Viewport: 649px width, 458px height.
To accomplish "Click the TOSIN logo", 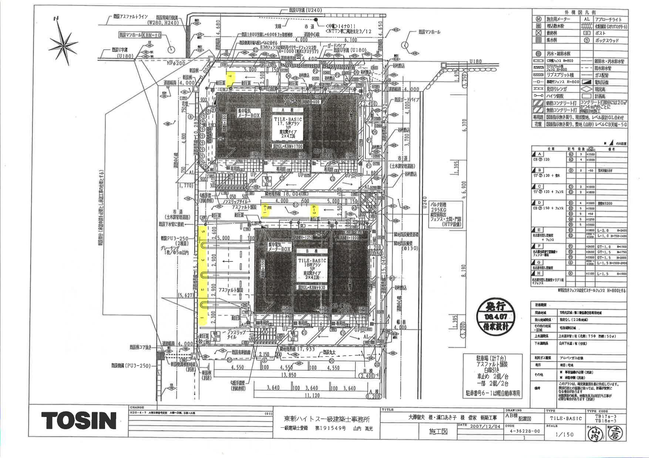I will [x=79, y=420].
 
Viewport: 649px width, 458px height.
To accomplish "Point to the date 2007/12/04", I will [x=480, y=426].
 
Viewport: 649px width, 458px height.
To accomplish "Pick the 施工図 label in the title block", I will [x=438, y=431].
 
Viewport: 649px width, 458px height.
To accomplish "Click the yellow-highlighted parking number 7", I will [x=230, y=77].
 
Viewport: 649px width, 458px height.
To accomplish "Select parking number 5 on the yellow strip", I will [x=202, y=232].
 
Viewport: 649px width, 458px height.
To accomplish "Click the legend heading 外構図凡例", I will [x=579, y=11].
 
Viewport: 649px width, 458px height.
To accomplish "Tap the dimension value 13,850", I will [x=290, y=375].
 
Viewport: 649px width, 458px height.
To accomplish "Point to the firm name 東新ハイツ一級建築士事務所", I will [x=327, y=419].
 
